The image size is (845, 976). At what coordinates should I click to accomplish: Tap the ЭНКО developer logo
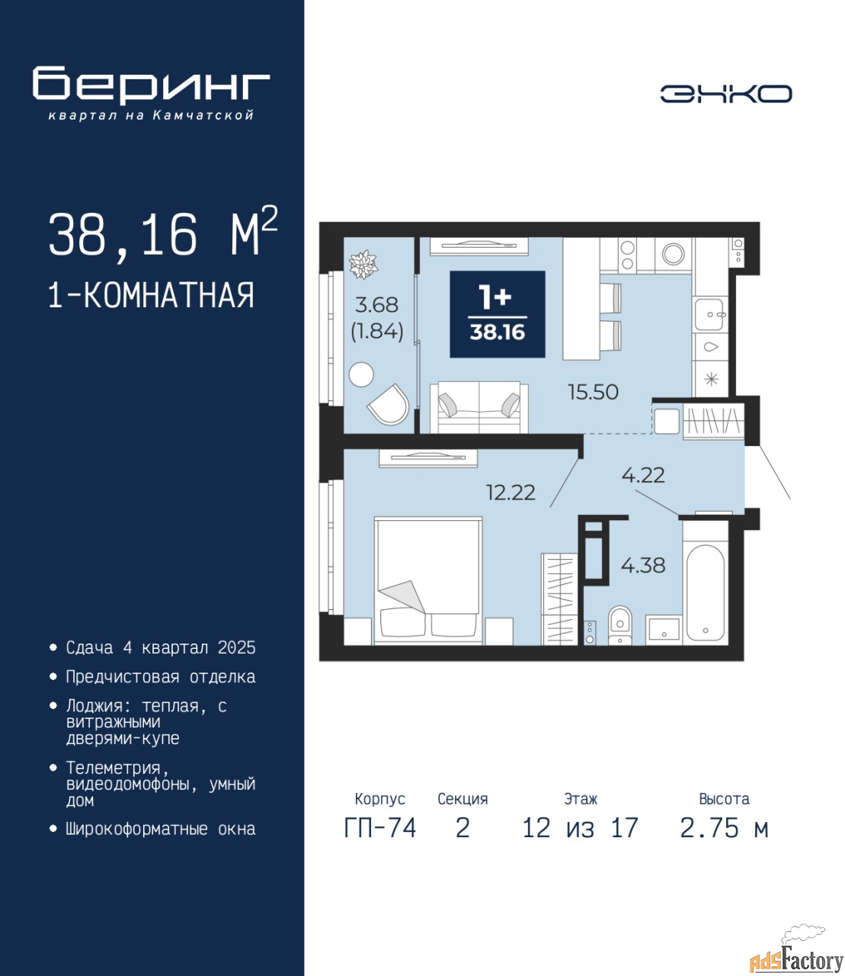point(725,94)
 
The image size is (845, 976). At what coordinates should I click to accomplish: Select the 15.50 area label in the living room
point(593,392)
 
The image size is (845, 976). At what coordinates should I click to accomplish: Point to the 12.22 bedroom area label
point(511,493)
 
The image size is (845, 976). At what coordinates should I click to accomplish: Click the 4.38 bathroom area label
point(642,565)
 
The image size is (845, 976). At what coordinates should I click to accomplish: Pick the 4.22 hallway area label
point(643,475)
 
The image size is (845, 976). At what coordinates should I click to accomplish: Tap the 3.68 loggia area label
point(376,305)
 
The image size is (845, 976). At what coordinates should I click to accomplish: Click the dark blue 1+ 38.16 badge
point(498,314)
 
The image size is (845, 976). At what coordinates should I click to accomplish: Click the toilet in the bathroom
point(619,625)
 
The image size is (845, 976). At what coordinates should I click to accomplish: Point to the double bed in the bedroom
point(428,581)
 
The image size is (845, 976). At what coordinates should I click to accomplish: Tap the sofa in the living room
point(479,407)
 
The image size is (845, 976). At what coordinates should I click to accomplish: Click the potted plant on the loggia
point(363,265)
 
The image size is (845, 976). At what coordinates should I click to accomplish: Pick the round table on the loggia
point(361,375)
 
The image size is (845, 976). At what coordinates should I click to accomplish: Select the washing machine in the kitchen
point(673,255)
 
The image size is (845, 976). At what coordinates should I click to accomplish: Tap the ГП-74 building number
point(379,828)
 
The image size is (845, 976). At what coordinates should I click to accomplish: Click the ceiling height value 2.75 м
point(724,828)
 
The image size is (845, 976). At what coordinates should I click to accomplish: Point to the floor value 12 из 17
point(580,828)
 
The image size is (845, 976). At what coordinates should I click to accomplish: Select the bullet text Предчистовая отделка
point(161,676)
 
